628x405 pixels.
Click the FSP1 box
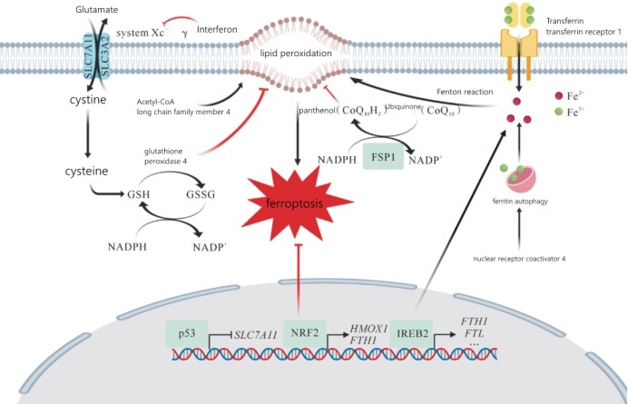[383, 157]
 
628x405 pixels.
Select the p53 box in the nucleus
[187, 333]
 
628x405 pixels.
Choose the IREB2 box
[412, 333]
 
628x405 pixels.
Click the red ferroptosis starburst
[299, 203]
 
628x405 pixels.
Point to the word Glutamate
[96, 9]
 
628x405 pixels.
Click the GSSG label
[201, 194]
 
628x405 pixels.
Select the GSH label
[139, 194]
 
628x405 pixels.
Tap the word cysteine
[86, 171]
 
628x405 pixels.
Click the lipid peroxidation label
[296, 54]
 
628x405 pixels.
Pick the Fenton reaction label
[465, 92]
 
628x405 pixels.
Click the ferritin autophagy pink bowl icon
[520, 180]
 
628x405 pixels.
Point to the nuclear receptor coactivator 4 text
[519, 259]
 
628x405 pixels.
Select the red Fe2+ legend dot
[558, 95]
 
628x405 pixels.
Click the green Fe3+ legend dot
[558, 112]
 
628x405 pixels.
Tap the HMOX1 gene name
[368, 329]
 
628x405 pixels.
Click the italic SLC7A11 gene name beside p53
[256, 335]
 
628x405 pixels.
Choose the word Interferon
[217, 30]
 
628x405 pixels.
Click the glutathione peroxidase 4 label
[165, 156]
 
